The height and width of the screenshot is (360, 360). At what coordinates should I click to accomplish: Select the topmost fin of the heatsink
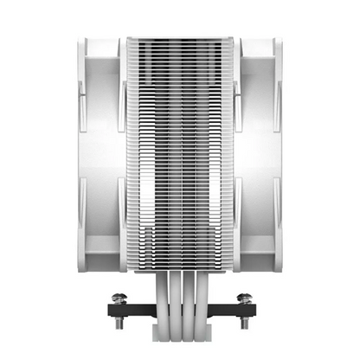180,39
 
